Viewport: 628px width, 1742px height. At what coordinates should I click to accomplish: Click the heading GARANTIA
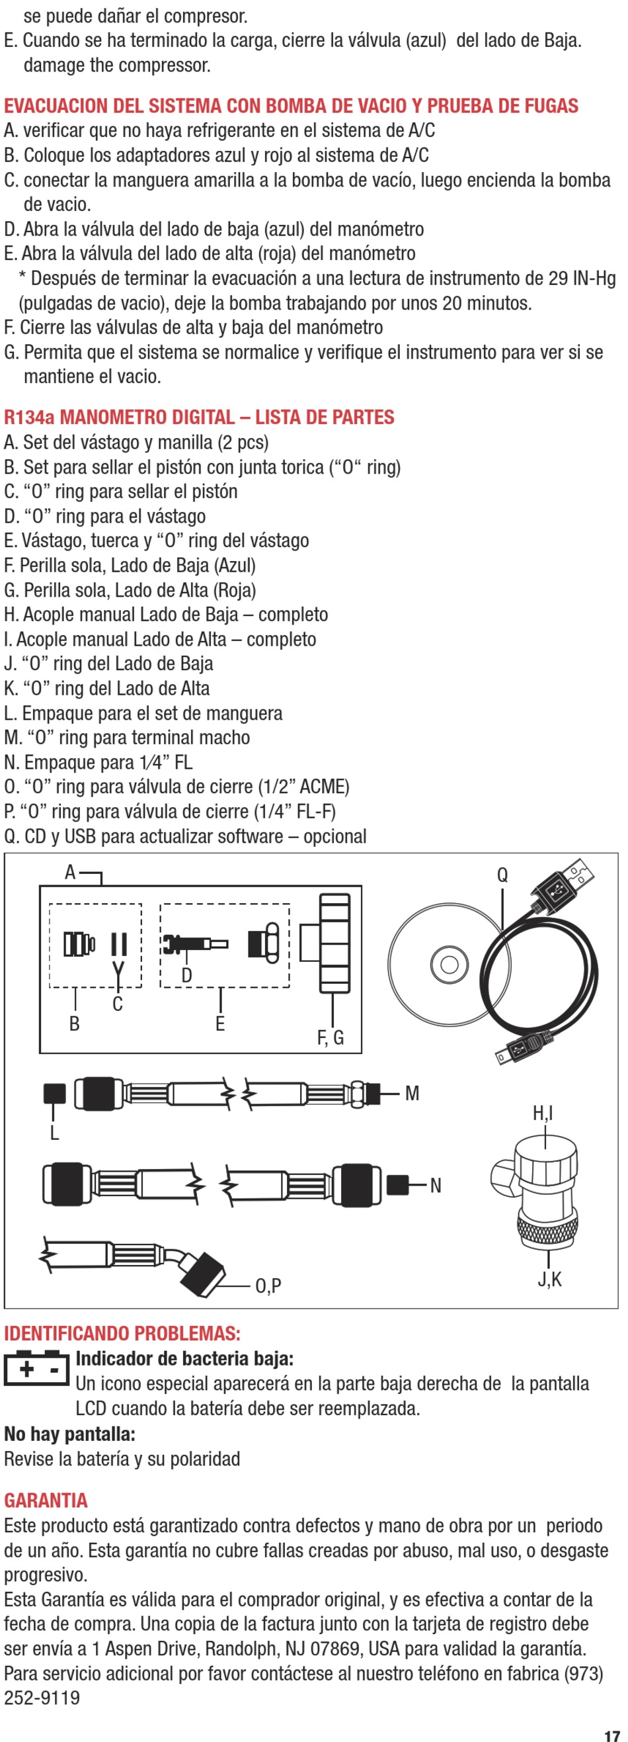46,1501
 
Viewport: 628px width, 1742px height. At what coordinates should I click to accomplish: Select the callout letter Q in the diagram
502,875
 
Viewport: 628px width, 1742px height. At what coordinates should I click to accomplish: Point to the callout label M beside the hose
412,1094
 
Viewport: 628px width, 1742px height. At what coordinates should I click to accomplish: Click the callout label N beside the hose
436,1186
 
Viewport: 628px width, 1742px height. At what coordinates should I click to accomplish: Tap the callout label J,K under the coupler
549,1280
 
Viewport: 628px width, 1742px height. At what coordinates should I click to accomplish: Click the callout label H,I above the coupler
543,1112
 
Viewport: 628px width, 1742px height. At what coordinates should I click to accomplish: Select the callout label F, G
331,1037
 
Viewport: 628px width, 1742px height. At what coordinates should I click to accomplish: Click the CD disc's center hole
450,963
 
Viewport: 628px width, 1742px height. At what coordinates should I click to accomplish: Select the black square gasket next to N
398,1185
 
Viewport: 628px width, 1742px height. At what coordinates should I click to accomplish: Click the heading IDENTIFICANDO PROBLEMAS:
122,1334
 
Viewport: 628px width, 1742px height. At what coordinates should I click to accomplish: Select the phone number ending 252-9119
42,1698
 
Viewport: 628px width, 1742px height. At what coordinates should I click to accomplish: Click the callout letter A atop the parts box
70,873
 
